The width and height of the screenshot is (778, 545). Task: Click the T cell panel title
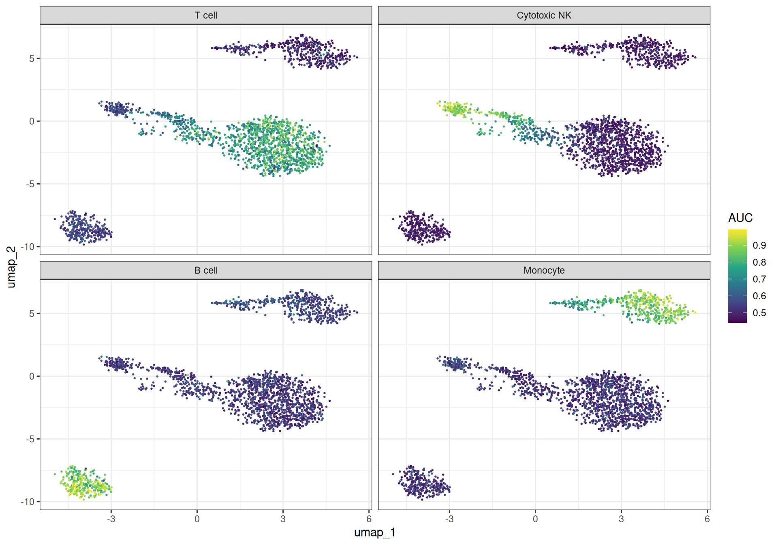tap(206, 15)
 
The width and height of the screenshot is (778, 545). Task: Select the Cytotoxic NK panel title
tap(544, 15)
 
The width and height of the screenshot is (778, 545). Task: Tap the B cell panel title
tap(206, 270)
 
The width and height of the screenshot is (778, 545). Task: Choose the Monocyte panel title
tap(544, 270)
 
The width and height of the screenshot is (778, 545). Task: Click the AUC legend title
tap(740, 218)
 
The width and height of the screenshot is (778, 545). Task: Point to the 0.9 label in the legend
tap(759, 245)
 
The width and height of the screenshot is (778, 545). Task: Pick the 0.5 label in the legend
tap(759, 313)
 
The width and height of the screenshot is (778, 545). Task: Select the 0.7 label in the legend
tap(759, 279)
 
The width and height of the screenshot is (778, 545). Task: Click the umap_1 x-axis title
tap(374, 532)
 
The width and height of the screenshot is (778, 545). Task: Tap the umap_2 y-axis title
tap(11, 267)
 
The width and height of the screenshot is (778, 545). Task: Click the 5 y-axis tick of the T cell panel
tap(32, 58)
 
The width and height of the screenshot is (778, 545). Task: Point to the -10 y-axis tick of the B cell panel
tap(28, 502)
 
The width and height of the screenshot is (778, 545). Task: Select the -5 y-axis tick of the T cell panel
tap(30, 184)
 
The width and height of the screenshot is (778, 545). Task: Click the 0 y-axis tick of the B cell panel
tap(32, 376)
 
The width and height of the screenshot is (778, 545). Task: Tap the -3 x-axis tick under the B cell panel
tap(111, 519)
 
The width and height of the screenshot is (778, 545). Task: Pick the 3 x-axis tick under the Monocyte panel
tap(621, 519)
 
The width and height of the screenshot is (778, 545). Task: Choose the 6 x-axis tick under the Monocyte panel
tap(707, 519)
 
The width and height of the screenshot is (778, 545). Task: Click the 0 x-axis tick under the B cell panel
tap(197, 519)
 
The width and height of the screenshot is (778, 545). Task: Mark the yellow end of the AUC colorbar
tap(737, 232)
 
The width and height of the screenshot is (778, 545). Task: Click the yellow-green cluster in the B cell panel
tap(84, 483)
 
